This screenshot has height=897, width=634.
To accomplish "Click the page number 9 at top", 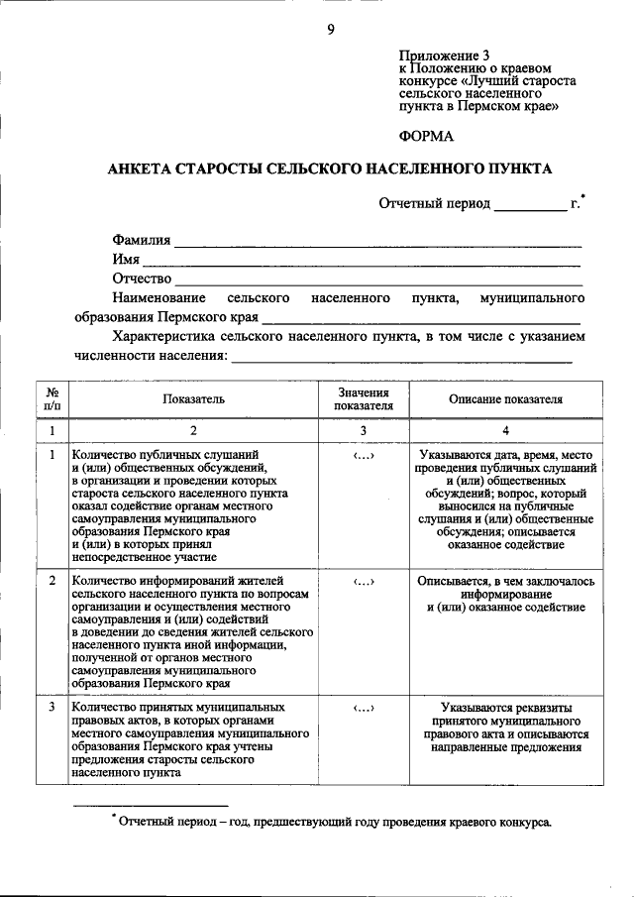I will click(331, 29).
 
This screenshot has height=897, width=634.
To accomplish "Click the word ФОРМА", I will click(427, 136).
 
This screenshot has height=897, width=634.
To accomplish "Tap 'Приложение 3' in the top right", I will click(444, 55).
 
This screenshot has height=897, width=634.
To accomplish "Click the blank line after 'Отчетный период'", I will click(530, 205).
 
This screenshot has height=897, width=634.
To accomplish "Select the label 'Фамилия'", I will click(141, 240).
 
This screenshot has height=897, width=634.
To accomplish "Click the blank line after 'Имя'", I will click(362, 262).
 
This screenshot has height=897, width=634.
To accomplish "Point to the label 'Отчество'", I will click(143, 279).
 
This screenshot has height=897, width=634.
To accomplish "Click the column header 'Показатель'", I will click(194, 399).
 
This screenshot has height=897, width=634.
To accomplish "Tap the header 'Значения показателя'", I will click(364, 399).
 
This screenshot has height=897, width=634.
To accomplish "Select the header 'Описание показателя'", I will click(505, 399).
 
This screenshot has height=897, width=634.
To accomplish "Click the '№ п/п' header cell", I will click(52, 399).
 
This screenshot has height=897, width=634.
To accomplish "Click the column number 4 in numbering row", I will click(505, 430).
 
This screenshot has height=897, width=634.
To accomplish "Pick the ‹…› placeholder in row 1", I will click(363, 455).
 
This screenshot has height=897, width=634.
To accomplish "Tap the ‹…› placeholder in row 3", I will click(363, 709).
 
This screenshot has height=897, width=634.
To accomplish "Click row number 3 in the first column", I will click(52, 708).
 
